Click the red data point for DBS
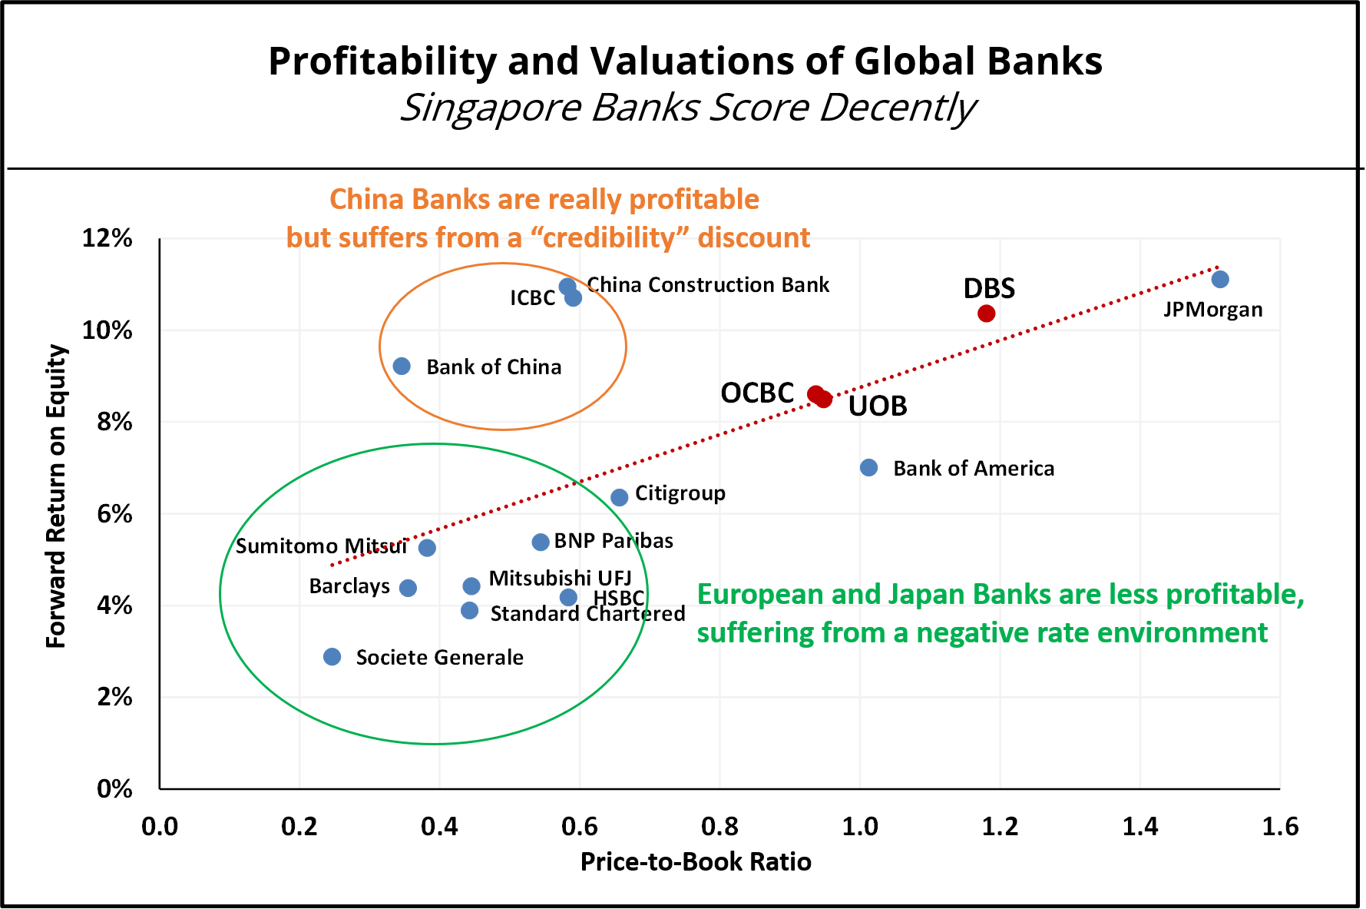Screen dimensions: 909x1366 (987, 314)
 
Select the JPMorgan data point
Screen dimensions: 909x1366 (1220, 280)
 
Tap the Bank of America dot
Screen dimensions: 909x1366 (868, 468)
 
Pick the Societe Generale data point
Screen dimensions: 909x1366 (332, 657)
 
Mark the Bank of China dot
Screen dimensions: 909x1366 (402, 367)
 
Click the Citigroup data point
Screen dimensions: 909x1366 (620, 498)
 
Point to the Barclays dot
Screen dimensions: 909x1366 (408, 589)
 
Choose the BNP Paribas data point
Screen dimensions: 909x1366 (541, 542)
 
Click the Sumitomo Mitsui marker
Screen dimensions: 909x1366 (428, 548)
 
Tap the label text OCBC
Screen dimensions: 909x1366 (756, 393)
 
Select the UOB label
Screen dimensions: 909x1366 (878, 406)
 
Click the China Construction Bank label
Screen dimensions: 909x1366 (708, 285)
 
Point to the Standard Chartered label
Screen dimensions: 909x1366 (587, 614)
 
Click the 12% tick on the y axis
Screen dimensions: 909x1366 (107, 239)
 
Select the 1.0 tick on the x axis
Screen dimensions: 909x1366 (860, 827)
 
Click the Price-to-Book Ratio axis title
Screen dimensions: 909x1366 (696, 861)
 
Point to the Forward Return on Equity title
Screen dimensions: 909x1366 (57, 496)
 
